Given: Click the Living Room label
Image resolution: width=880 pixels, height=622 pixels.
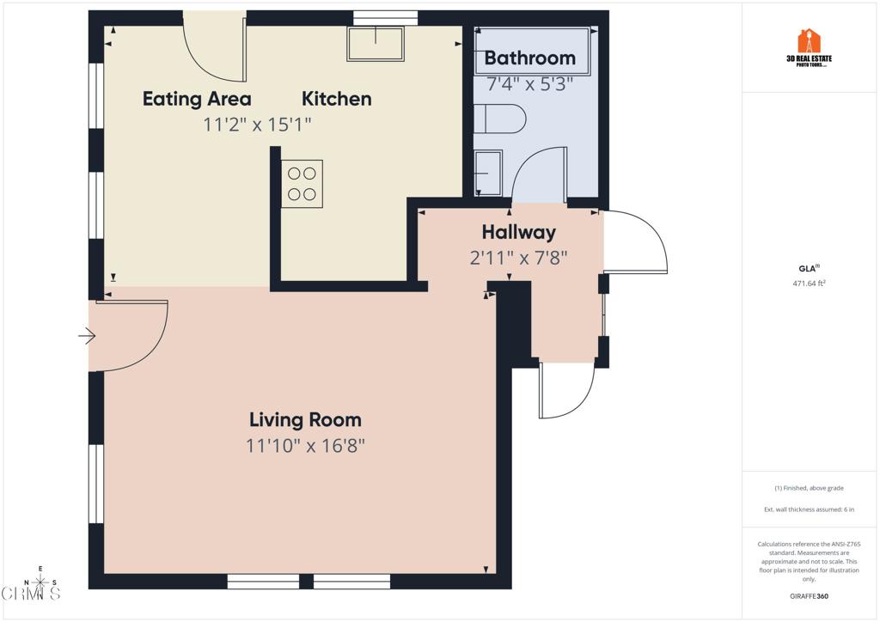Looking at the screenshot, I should tap(305, 420).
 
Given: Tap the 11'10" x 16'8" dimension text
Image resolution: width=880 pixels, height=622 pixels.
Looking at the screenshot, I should tap(305, 446).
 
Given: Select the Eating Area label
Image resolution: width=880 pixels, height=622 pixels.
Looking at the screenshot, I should tap(197, 99).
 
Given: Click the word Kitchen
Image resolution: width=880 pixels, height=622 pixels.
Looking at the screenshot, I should tap(337, 99).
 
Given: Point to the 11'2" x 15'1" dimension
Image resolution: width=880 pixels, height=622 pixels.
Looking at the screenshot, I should tap(257, 125).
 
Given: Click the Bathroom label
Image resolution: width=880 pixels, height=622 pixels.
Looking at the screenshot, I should tap(529, 58).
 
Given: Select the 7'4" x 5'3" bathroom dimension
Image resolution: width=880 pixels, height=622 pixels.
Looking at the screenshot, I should tap(529, 84).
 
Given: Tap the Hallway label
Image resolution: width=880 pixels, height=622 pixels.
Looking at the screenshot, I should tap(518, 232).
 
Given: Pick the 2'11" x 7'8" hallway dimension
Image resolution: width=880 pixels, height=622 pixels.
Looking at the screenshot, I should tap(518, 258).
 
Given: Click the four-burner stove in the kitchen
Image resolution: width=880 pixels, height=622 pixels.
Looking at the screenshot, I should tap(302, 184).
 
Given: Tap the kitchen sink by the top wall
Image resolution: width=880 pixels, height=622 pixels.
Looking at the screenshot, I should tap(376, 43).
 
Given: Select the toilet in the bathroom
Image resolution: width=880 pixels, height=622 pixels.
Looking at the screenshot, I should tap(499, 119).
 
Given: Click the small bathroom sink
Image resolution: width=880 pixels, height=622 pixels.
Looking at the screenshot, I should tap(487, 173).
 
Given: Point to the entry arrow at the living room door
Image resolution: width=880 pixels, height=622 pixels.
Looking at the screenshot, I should tap(87, 336).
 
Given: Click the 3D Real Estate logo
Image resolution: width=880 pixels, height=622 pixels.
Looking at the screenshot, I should tap(810, 48).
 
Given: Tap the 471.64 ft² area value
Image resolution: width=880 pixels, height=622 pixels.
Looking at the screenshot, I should tap(810, 284).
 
